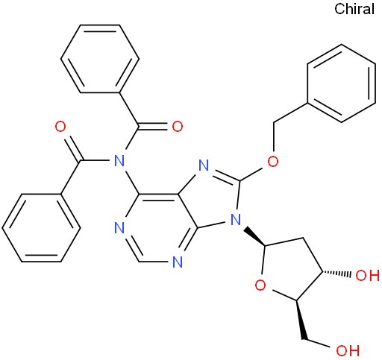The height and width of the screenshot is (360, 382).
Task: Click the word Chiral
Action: coord(354,9)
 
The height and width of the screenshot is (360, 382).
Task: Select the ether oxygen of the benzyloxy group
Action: coord(273,162)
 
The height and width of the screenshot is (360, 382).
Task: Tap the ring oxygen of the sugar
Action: coord(260,285)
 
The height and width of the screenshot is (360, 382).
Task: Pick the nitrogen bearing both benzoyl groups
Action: coord(119,161)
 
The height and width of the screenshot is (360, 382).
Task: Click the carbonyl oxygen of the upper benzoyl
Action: coord(178,127)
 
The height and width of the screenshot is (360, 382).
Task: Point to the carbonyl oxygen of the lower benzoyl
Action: coord(60,127)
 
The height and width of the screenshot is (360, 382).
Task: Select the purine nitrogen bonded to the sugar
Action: coord(236,220)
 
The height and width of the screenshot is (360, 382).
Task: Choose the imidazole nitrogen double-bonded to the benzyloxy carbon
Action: coord(204,165)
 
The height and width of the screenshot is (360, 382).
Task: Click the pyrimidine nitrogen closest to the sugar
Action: coord(178,262)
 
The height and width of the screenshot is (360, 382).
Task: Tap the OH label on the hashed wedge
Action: coord(368,276)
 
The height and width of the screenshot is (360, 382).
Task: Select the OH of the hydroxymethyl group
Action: coord(348,350)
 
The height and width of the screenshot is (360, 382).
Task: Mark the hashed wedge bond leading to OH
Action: coord(336,274)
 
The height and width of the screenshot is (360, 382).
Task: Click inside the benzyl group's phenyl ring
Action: coord(342,83)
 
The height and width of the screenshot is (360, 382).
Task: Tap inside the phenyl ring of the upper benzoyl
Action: coord(100,59)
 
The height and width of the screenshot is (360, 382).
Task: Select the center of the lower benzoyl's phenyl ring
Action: coord(41,228)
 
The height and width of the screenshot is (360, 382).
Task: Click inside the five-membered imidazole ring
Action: coord(211,200)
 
